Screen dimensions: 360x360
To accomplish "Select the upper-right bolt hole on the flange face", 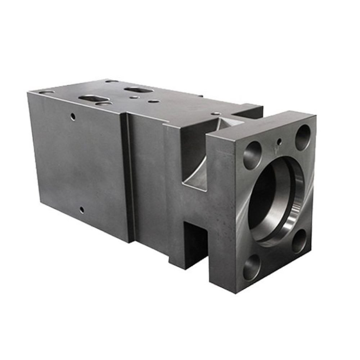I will (302, 137).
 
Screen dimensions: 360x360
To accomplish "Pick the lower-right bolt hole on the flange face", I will (299, 241).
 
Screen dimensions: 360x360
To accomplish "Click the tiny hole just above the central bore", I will (278, 141).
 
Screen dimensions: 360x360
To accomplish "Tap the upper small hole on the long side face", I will (73, 116).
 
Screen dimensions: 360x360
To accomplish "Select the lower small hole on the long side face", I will (82, 210).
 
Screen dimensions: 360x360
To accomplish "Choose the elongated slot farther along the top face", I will (138, 89).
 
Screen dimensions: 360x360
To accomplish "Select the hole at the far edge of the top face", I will (112, 81).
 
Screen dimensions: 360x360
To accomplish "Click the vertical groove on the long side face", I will (127, 176).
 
